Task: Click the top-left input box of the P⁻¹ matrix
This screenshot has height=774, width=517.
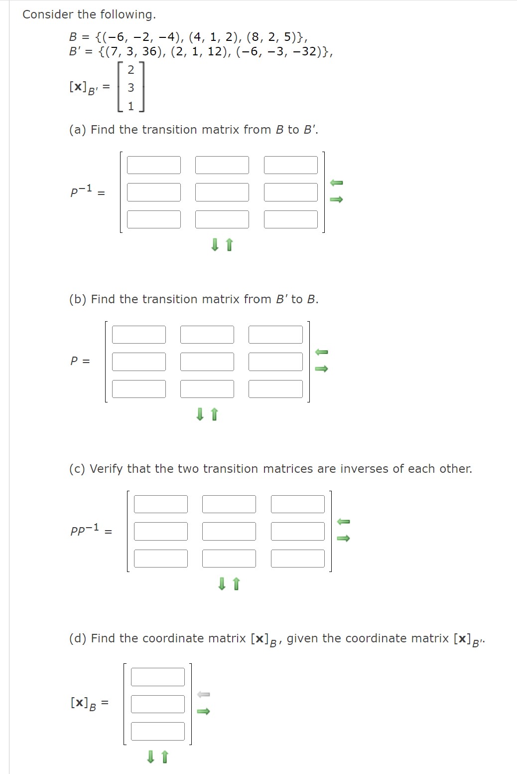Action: tap(154, 165)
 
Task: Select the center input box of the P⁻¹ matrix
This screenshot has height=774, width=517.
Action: tap(222, 192)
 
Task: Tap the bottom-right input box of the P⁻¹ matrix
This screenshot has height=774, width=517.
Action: tap(291, 219)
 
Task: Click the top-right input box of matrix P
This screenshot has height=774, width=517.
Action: tap(275, 335)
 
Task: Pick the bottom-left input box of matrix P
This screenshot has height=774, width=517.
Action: tap(139, 389)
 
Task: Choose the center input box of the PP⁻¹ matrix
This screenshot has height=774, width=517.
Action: tap(229, 531)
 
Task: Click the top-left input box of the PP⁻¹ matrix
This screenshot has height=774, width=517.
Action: tap(161, 504)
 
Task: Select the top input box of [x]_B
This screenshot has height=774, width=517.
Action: tap(158, 677)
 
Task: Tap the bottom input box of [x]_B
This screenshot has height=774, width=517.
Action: tap(158, 731)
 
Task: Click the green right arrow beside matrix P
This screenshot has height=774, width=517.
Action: tap(322, 369)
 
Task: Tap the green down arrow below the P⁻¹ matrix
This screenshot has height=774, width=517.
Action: tap(215, 245)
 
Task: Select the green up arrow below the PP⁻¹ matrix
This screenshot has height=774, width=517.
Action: tap(237, 583)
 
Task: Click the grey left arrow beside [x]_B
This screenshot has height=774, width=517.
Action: tap(203, 694)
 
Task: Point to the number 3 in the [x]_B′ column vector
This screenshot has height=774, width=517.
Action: tap(131, 88)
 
